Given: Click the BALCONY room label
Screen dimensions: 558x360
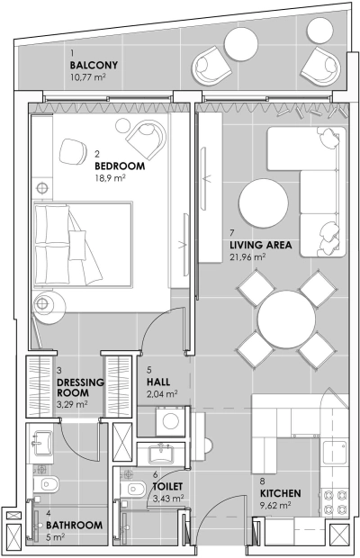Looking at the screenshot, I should (94, 66).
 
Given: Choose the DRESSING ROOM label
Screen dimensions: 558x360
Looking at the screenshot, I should (80, 387).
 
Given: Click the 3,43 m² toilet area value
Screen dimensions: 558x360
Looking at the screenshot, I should (168, 497).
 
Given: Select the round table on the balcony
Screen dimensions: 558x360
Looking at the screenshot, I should (241, 43).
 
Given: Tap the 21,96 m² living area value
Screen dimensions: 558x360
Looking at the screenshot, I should (247, 256).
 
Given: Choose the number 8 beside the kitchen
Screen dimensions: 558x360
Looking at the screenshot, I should (263, 481).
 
